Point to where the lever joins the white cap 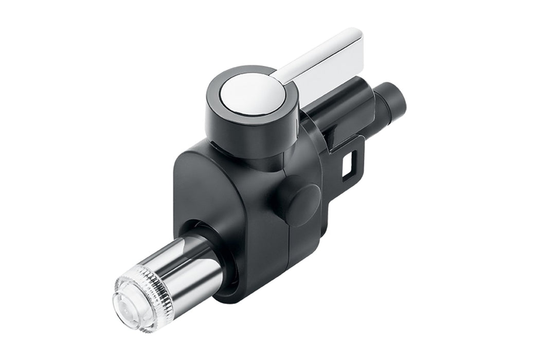coord(278,80)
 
